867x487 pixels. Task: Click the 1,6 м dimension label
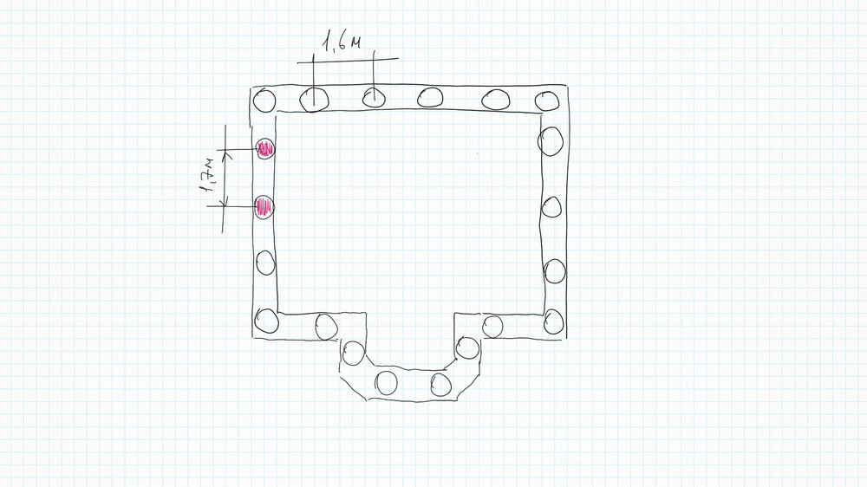(x=341, y=42)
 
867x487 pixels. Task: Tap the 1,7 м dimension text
(x=207, y=175)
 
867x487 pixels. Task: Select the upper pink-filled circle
(x=265, y=149)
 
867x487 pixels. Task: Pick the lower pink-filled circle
(x=264, y=207)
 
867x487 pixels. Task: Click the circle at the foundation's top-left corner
(x=264, y=101)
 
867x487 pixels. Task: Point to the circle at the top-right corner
(x=547, y=101)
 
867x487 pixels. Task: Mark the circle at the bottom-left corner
(x=266, y=321)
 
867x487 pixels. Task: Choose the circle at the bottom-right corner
(x=553, y=321)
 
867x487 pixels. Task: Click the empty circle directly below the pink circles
(x=265, y=263)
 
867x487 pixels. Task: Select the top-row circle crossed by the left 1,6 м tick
(x=314, y=100)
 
